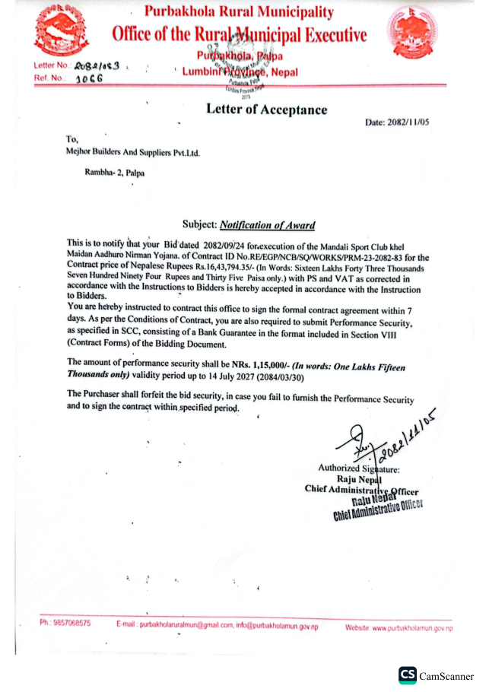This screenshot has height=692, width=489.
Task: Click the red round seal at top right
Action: click(x=411, y=34)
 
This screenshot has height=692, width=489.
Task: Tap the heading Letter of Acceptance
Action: click(x=266, y=110)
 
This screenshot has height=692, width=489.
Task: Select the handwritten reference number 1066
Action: click(x=89, y=78)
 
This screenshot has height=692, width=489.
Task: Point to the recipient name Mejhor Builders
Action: click(x=132, y=152)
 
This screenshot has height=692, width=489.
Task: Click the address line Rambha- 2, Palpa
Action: click(x=115, y=173)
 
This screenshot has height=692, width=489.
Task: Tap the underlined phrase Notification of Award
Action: click(x=267, y=225)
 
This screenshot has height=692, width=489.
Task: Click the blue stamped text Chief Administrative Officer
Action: click(x=377, y=511)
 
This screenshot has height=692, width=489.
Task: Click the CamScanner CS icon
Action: click(x=407, y=675)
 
